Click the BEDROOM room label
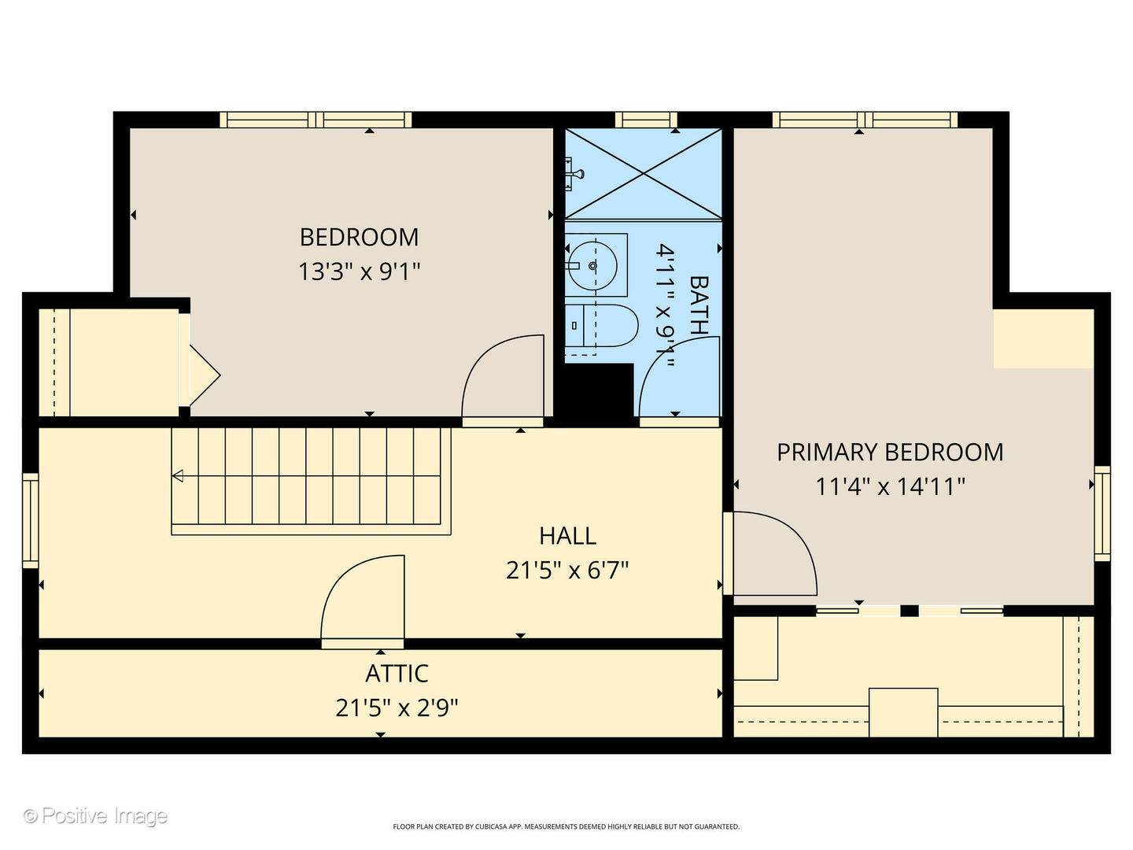point(359,237)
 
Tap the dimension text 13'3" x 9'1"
point(359,272)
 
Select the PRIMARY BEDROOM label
point(890,453)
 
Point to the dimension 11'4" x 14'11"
point(890,486)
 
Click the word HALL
point(567,536)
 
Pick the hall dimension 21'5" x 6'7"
point(567,570)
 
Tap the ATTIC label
point(397,674)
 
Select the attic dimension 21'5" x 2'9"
point(397,708)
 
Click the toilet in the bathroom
point(603,326)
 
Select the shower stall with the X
point(643,174)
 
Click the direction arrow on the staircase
point(178,475)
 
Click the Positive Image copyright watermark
point(95,815)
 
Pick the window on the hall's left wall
point(30,520)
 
